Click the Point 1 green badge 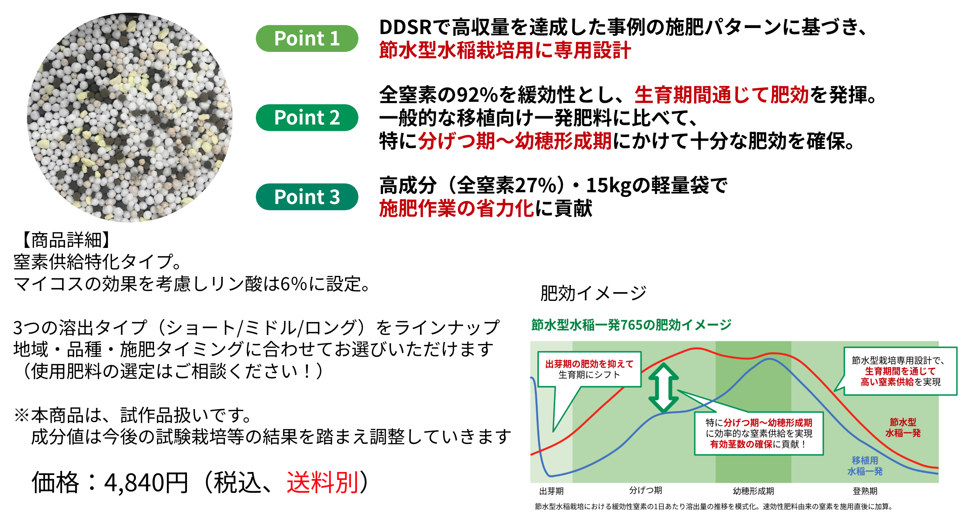coord(307,38)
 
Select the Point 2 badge coord(307,117)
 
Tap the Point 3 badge coord(307,197)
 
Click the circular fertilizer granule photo coord(130,117)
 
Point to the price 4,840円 coord(146,483)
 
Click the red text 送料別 coord(323,483)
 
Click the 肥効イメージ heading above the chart coord(593,293)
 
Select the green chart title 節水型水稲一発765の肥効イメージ coord(631,325)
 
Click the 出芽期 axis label coord(551,491)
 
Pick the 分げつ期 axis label coord(646,491)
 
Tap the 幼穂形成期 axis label coord(753,491)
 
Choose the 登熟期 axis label coord(865,491)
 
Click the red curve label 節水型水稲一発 coord(903,428)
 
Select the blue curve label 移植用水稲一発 coord(865,466)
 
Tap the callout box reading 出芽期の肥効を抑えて coord(589,369)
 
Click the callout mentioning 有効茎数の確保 coord(759,433)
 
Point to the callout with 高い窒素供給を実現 coord(900,371)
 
